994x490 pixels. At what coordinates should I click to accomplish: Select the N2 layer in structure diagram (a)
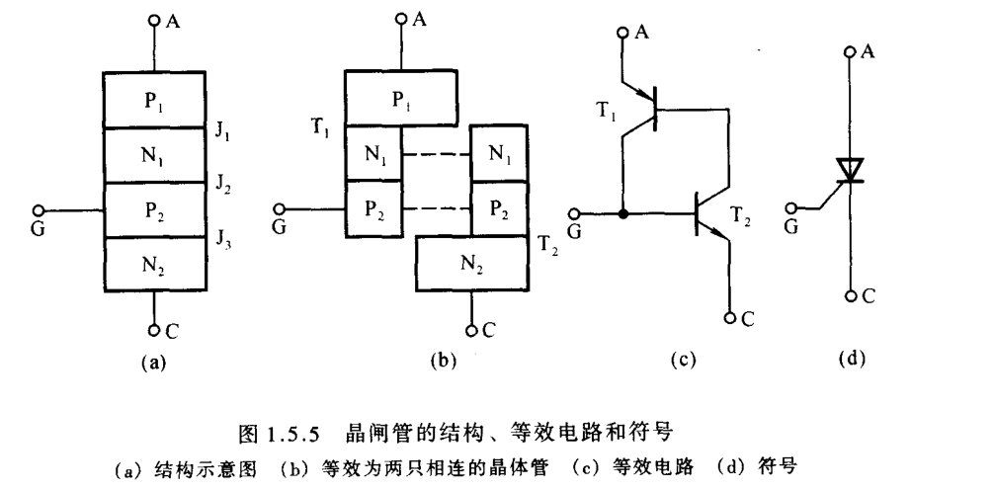click(x=154, y=264)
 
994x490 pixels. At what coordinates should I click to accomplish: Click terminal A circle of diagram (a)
click(x=154, y=20)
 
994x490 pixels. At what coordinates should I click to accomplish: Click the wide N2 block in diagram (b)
click(x=472, y=265)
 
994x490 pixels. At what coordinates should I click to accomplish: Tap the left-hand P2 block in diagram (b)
click(x=374, y=210)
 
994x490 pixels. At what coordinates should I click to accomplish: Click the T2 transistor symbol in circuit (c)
click(x=704, y=212)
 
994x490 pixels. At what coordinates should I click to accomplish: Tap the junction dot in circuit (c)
click(x=622, y=212)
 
